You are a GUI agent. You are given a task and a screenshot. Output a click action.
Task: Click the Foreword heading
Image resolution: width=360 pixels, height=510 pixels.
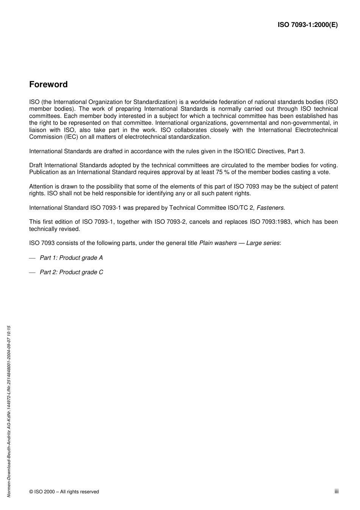(x=49, y=85)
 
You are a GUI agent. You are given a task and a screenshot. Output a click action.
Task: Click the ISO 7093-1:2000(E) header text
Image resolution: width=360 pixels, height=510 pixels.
(x=308, y=25)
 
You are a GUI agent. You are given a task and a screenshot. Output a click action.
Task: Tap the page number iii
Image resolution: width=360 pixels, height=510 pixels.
(x=336, y=491)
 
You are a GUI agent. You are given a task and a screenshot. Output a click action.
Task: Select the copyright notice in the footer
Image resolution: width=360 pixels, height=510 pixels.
(x=64, y=492)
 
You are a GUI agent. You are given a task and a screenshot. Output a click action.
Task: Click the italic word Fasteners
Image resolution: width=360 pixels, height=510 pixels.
(x=270, y=208)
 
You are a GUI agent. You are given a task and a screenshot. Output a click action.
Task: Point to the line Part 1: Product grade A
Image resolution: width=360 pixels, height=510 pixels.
(x=71, y=258)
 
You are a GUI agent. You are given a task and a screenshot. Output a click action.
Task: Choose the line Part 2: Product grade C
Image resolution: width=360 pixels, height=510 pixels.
(x=71, y=272)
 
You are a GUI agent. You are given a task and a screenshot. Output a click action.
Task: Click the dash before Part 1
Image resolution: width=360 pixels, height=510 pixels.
(x=32, y=258)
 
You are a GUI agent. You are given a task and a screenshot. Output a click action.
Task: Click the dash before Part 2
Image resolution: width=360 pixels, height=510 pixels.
(x=32, y=272)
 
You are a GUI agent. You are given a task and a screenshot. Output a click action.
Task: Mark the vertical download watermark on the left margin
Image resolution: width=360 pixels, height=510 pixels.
(x=9, y=411)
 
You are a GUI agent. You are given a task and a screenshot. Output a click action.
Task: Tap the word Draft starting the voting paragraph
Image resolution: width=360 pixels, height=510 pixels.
(x=36, y=165)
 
